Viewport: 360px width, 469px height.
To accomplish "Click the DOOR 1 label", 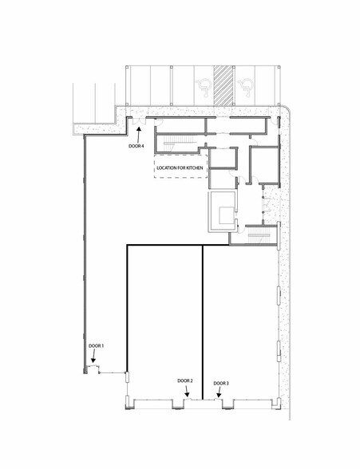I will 97,345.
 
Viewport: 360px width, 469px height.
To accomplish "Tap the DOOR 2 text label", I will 185,380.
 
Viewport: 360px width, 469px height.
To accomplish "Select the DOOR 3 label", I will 221,384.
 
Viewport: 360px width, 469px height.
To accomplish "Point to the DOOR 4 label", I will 136,146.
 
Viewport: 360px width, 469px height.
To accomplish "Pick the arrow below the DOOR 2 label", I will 186,392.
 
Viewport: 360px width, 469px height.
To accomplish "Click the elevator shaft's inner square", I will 221,214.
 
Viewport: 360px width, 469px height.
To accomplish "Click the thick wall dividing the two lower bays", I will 202,319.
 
